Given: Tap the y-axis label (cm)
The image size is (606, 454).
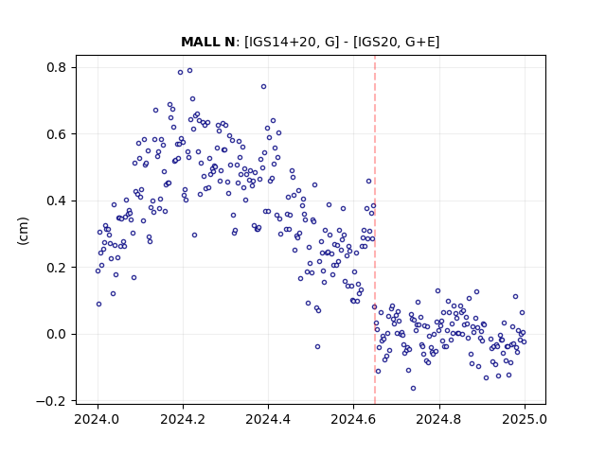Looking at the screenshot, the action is [x=23, y=231].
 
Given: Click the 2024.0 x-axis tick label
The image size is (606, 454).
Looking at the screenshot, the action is [x=98, y=419].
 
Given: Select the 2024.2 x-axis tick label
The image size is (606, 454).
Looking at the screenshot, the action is [x=183, y=419].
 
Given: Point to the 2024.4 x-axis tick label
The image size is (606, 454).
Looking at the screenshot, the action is [x=268, y=419].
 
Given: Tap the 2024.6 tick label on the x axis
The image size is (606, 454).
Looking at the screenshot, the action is [x=353, y=419].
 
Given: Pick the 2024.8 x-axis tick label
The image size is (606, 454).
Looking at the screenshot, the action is [x=438, y=419].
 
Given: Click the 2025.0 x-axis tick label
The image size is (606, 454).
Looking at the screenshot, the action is [x=525, y=419].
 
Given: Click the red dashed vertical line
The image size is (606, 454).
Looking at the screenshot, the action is [x=375, y=230].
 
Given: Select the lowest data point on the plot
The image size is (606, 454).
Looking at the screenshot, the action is [x=413, y=389].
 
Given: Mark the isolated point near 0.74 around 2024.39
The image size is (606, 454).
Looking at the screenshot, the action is [x=263, y=87].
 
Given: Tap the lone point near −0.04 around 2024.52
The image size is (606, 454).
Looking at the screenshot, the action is [x=318, y=347].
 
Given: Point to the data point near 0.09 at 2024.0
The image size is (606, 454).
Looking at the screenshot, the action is [x=98, y=305].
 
